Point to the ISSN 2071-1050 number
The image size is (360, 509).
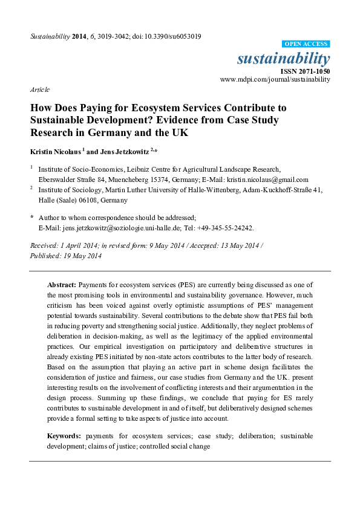[x=307, y=71]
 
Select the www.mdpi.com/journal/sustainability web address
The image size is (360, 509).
[x=275, y=79]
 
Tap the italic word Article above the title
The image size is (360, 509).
[x=39, y=89]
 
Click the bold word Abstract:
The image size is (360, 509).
[x=61, y=284]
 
